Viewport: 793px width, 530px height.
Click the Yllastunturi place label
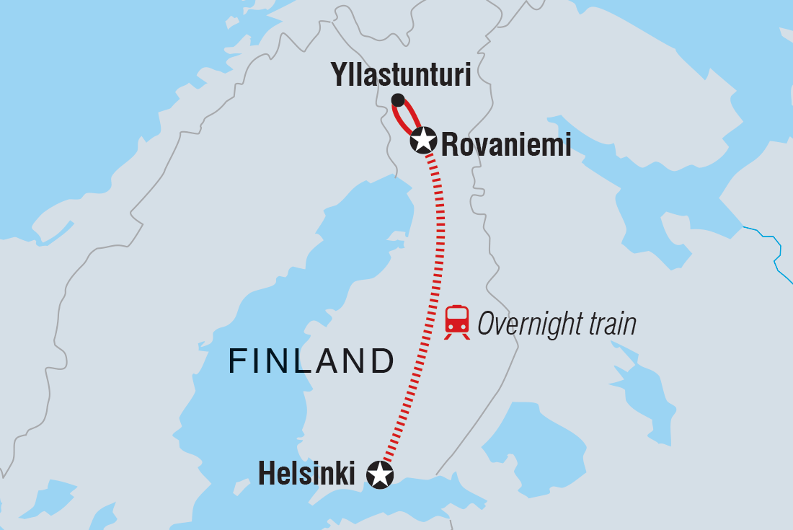400,75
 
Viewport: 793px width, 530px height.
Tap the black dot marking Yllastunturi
397,100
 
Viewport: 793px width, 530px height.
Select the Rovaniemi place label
505,145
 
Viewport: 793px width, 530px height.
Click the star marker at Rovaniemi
423,140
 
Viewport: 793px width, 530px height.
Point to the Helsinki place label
306,474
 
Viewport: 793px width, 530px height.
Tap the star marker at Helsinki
380,474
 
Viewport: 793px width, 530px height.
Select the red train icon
457,322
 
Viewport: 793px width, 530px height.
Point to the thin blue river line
767,238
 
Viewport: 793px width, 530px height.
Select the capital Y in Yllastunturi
338,75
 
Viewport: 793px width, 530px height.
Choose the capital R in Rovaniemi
449,145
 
